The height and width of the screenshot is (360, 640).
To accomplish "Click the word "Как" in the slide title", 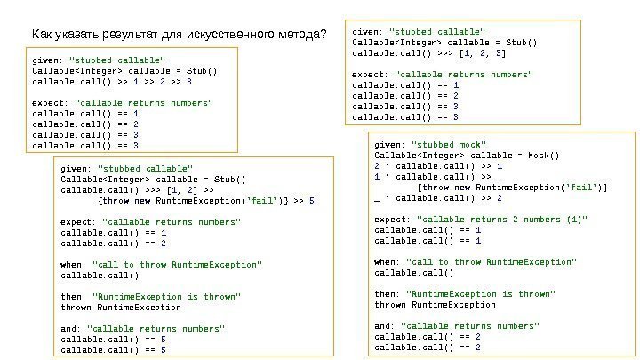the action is click(42, 36).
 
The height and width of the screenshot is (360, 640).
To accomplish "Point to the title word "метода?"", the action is click(301, 36).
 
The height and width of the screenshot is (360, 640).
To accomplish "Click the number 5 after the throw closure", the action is click(310, 200).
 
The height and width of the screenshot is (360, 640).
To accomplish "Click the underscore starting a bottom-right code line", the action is click(377, 197).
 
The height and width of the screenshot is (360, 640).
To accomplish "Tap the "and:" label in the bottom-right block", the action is click(385, 326).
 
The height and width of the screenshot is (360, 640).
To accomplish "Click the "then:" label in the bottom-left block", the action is click(73, 297).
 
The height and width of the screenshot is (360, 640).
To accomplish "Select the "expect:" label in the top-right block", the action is click(369, 75).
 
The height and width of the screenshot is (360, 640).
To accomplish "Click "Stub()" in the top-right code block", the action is click(520, 42).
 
